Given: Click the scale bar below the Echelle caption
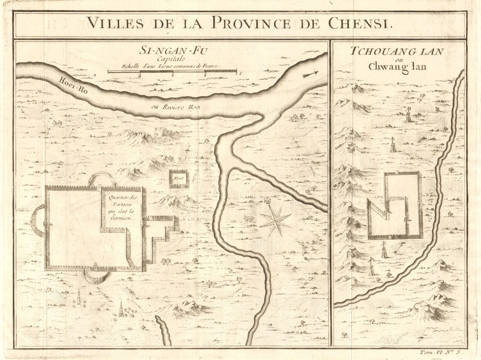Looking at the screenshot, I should [172, 71].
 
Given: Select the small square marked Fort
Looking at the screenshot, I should [179, 179].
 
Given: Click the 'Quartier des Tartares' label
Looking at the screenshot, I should [122, 205].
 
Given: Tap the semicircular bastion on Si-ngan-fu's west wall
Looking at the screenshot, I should [38, 220].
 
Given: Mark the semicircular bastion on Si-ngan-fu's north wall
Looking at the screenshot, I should [101, 179].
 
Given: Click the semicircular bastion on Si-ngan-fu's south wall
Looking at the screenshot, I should [96, 277].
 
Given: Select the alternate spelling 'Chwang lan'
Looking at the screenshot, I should [397, 67].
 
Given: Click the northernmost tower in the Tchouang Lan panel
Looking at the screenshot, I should [408, 115].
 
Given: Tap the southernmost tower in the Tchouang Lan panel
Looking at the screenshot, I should [372, 267].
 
